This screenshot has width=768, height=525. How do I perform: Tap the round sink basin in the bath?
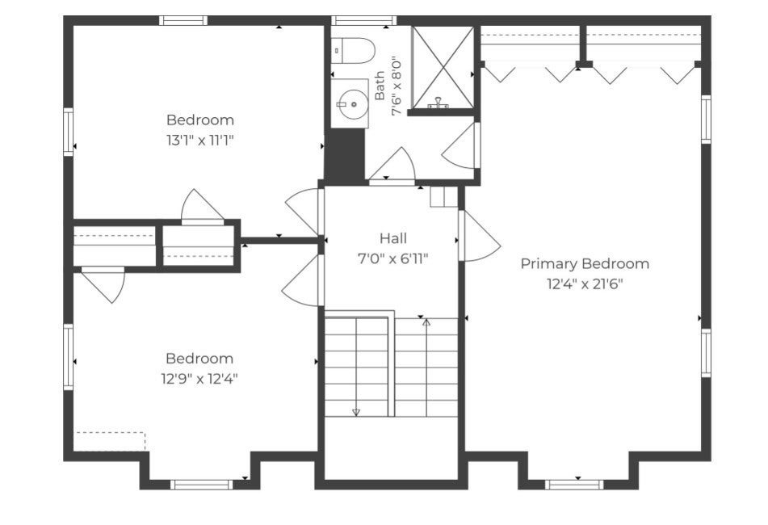coord(353,104)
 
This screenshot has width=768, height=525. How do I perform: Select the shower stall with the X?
coord(443,68)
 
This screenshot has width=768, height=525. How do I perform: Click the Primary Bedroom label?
coord(585,264)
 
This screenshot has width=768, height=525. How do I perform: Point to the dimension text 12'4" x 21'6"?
coord(585,284)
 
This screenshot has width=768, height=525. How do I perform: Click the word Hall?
coord(392,238)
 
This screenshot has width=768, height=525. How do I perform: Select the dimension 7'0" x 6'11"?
coord(392,258)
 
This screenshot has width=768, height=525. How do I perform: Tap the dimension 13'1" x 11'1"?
coord(199,141)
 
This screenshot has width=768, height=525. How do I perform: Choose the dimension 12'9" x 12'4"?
coord(199,379)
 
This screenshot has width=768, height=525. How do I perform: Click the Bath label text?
coord(380,86)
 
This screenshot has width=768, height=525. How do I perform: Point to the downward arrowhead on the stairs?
coord(356,413)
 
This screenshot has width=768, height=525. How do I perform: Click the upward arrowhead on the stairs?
coord(426,322)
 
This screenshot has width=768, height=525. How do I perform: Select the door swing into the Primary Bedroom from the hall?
coord(480,236)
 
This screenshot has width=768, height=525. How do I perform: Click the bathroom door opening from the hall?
coord(392,166)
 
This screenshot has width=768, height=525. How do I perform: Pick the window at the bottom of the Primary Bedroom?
coord(574,485)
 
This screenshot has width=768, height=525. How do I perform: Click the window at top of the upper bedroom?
coord(183,20)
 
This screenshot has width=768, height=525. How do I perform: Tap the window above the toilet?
coord(363,20)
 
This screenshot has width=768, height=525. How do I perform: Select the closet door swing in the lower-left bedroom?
coord(103,284)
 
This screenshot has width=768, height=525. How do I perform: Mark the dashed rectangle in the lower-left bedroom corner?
coord(111,441)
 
